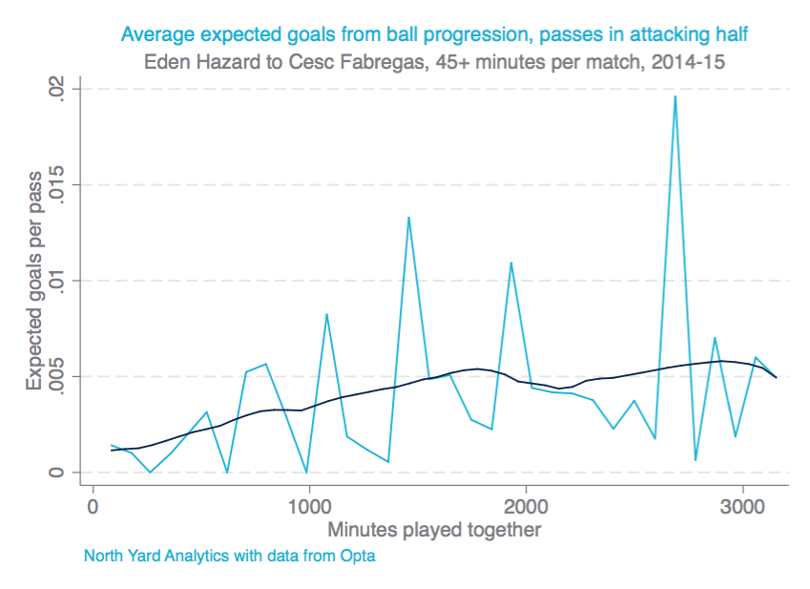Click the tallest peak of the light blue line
tap(675, 96)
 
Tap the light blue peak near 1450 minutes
tap(408, 218)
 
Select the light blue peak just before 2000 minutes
tap(511, 263)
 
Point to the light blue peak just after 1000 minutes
tap(326, 314)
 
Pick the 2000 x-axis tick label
tap(526, 507)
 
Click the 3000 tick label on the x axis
tap(742, 507)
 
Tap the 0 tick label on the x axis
tap(93, 507)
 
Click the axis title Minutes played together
tap(434, 529)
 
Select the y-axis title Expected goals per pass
tap(34, 281)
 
